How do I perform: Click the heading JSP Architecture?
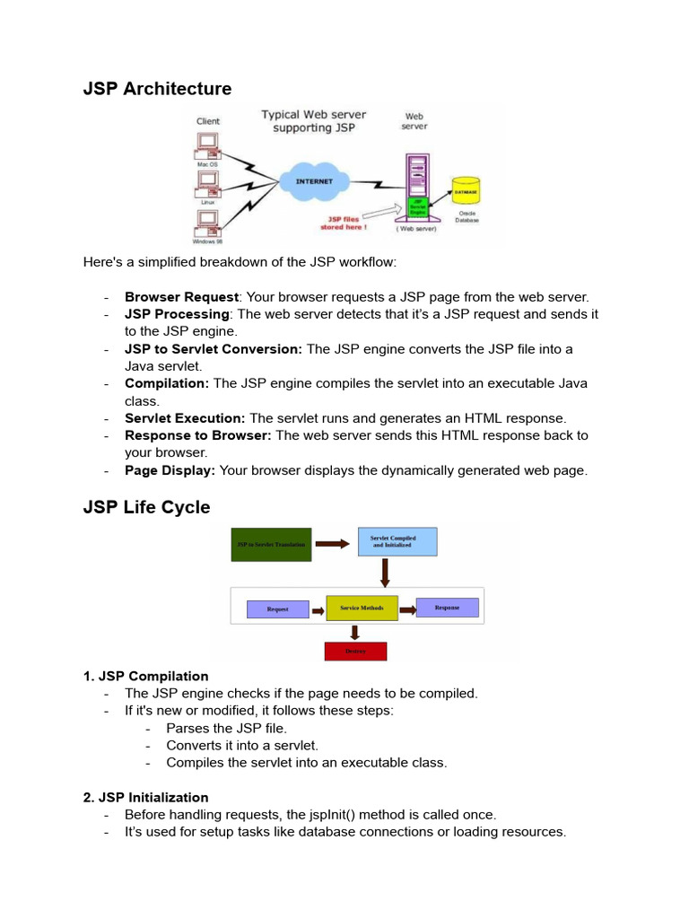[157, 89]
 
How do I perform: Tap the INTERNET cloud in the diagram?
[313, 181]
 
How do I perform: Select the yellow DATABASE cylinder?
[466, 193]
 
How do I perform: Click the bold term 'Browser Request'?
[181, 297]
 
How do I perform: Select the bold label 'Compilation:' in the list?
[167, 383]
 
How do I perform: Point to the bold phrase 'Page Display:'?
[170, 470]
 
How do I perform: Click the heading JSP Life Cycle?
[146, 507]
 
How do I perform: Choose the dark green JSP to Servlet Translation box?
[271, 544]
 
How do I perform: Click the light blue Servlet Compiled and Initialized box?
[397, 542]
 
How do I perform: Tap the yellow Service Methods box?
[362, 608]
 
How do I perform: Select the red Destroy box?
[355, 651]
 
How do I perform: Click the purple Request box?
[278, 609]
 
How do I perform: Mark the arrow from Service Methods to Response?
[406, 608]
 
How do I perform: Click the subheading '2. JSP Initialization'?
[145, 797]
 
